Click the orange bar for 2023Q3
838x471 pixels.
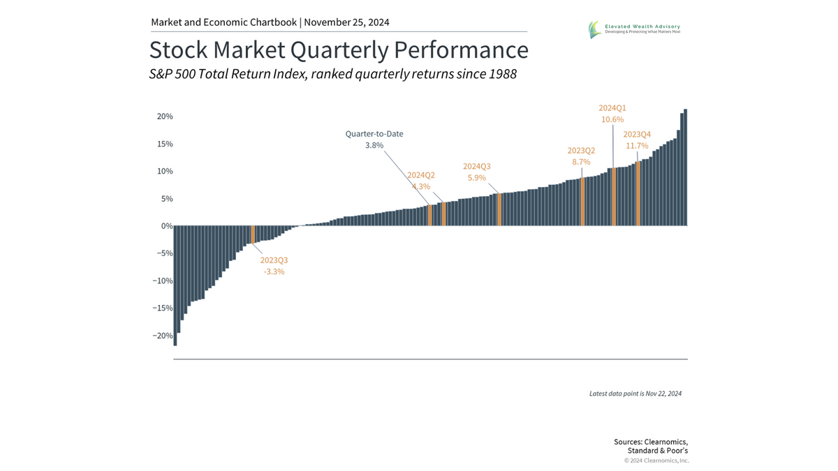pyautogui.click(x=253, y=234)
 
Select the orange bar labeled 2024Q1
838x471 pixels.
pyautogui.click(x=614, y=197)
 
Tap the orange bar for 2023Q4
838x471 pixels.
pyautogui.click(x=638, y=193)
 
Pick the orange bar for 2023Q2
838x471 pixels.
pyautogui.click(x=582, y=202)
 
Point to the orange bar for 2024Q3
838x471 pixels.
pyautogui.click(x=499, y=209)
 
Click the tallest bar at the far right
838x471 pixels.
pyautogui.click(x=686, y=167)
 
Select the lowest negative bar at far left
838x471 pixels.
pyautogui.click(x=175, y=285)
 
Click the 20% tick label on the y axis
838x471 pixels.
pyautogui.click(x=165, y=117)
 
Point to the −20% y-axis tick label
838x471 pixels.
pyautogui.click(x=163, y=336)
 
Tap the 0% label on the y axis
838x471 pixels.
pyautogui.click(x=167, y=226)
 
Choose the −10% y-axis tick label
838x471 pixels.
pyautogui.click(x=163, y=281)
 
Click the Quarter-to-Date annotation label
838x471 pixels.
pyautogui.click(x=374, y=133)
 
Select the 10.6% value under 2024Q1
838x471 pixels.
pyautogui.click(x=612, y=119)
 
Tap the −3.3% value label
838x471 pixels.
pyautogui.click(x=274, y=271)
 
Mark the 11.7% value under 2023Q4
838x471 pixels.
pyautogui.click(x=636, y=146)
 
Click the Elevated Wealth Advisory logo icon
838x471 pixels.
pyautogui.click(x=594, y=29)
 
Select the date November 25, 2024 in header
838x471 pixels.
pyautogui.click(x=347, y=22)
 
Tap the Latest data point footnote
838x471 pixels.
pyautogui.click(x=635, y=394)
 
